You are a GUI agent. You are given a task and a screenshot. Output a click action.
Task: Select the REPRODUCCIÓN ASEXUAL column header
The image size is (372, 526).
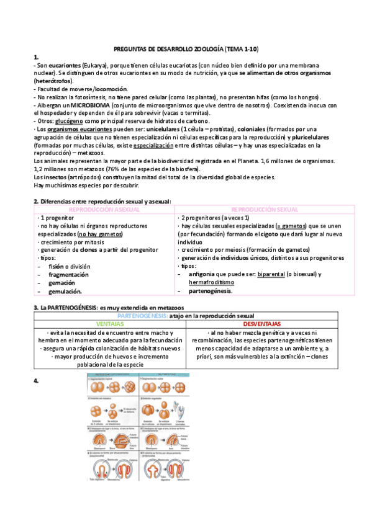pyautogui.click(x=104, y=210)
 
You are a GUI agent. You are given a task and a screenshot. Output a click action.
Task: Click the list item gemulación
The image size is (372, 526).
pyautogui.click(x=65, y=290)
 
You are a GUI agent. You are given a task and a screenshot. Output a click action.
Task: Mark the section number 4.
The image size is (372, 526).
pyautogui.click(x=36, y=378)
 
